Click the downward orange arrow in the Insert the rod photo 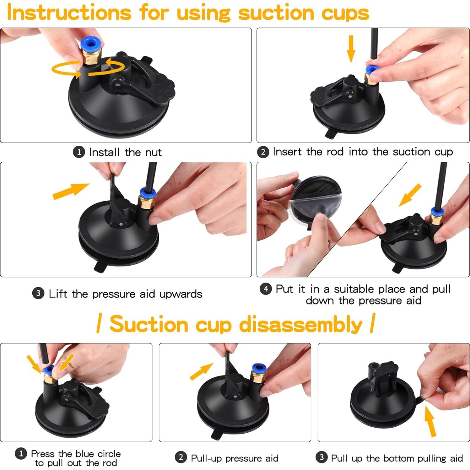[x=351, y=49]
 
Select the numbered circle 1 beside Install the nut [x=79, y=152]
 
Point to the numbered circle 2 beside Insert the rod [x=263, y=152]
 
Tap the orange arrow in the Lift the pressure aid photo [x=71, y=191]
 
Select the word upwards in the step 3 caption [x=181, y=294]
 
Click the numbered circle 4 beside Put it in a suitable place [x=266, y=289]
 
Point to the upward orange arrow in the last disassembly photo [x=430, y=421]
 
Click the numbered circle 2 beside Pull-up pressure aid [x=181, y=457]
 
